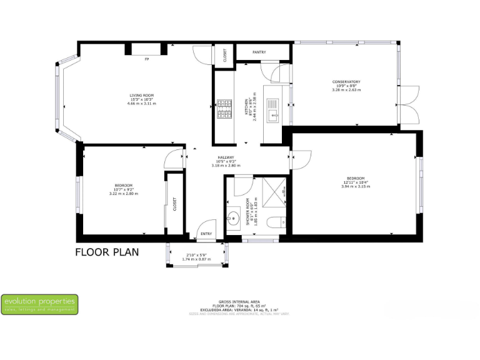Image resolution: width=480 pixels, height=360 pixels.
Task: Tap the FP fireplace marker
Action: tap(147, 59)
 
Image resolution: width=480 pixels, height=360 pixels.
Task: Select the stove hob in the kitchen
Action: tap(224, 110)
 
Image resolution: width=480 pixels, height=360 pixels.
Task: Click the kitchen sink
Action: tap(273, 114)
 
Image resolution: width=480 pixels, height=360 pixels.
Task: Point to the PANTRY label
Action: tap(259, 52)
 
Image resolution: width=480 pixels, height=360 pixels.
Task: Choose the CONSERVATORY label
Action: tap(346, 82)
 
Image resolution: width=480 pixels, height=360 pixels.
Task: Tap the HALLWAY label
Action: tap(226, 157)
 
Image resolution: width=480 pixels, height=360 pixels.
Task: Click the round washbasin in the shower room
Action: tap(234, 219)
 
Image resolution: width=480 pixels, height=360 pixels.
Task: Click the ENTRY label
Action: tap(206, 234)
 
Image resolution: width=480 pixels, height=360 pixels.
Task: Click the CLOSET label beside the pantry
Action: tap(225, 55)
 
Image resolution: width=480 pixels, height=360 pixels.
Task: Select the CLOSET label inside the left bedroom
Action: tap(175, 204)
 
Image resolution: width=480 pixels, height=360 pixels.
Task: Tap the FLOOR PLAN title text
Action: tap(107, 252)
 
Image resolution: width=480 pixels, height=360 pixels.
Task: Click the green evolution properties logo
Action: tap(40, 304)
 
